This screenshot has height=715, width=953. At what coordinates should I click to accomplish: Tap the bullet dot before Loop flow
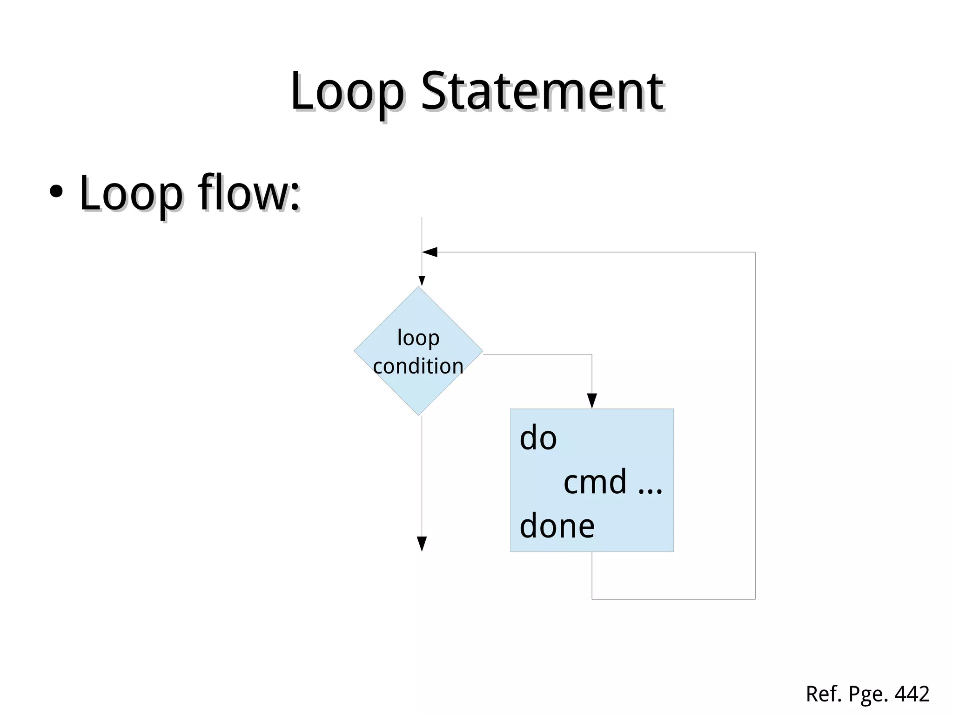56,192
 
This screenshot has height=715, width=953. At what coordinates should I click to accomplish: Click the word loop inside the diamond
418,338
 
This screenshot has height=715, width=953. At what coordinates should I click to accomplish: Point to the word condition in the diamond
418,366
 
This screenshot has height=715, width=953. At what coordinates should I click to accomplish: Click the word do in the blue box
538,439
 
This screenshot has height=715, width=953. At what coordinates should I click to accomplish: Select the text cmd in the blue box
595,482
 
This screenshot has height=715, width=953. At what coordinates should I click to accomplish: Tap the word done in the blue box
557,526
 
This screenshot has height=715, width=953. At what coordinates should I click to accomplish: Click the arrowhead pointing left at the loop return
429,252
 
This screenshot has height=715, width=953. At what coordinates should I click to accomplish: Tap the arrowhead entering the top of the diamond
422,281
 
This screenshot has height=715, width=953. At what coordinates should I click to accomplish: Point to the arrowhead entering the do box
592,401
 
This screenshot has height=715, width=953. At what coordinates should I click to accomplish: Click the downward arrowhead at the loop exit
422,544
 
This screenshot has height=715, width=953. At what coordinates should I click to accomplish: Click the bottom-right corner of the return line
755,599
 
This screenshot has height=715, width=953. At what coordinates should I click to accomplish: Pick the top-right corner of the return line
755,252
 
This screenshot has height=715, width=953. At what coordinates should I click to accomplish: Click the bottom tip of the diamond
418,415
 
